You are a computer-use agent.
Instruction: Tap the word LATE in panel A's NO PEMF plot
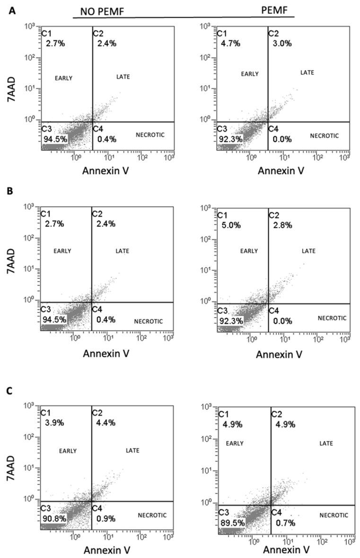tap(123, 77)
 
